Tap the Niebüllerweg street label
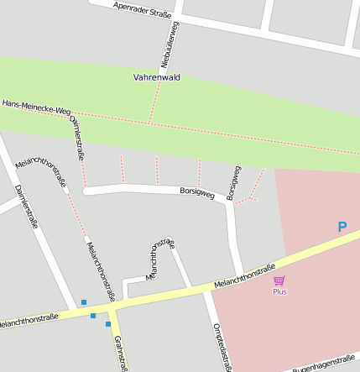coord(169,45)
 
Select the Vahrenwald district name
coord(156,77)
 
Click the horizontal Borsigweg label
coord(197,191)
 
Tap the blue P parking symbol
coord(342,227)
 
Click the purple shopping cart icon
coord(279,280)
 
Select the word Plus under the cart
coord(279,291)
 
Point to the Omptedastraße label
coord(222,345)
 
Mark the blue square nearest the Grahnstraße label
coord(108,323)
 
